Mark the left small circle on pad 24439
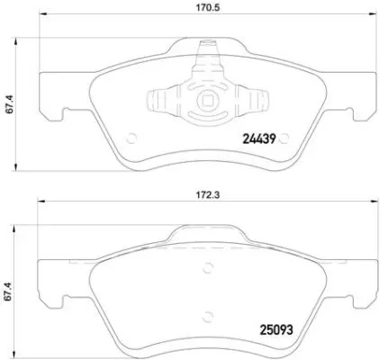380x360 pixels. coord(134,139)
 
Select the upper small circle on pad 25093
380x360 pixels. coord(209,266)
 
